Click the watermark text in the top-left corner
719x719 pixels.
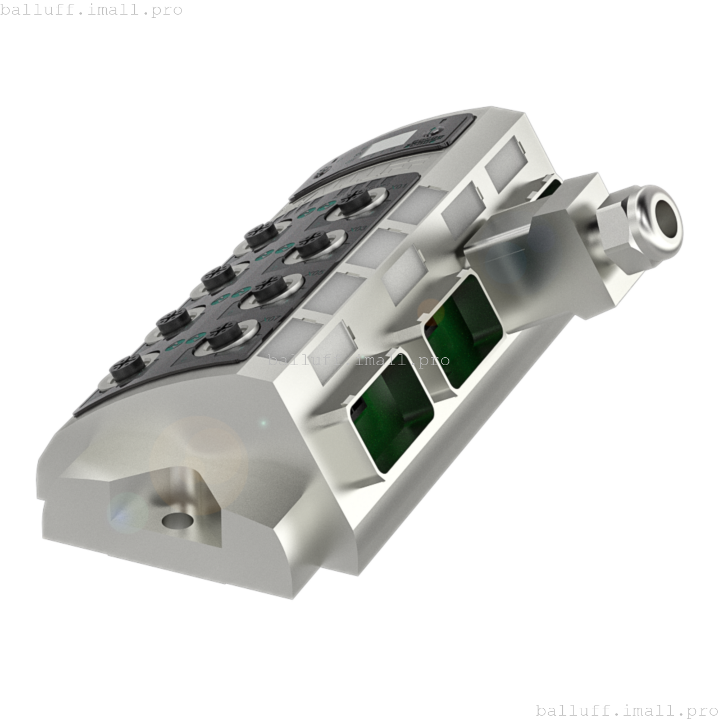(x=92, y=10)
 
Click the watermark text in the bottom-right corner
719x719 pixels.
(x=627, y=710)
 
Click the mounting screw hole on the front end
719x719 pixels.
(x=176, y=520)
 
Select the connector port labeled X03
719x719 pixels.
(x=311, y=246)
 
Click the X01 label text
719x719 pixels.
(x=399, y=186)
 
